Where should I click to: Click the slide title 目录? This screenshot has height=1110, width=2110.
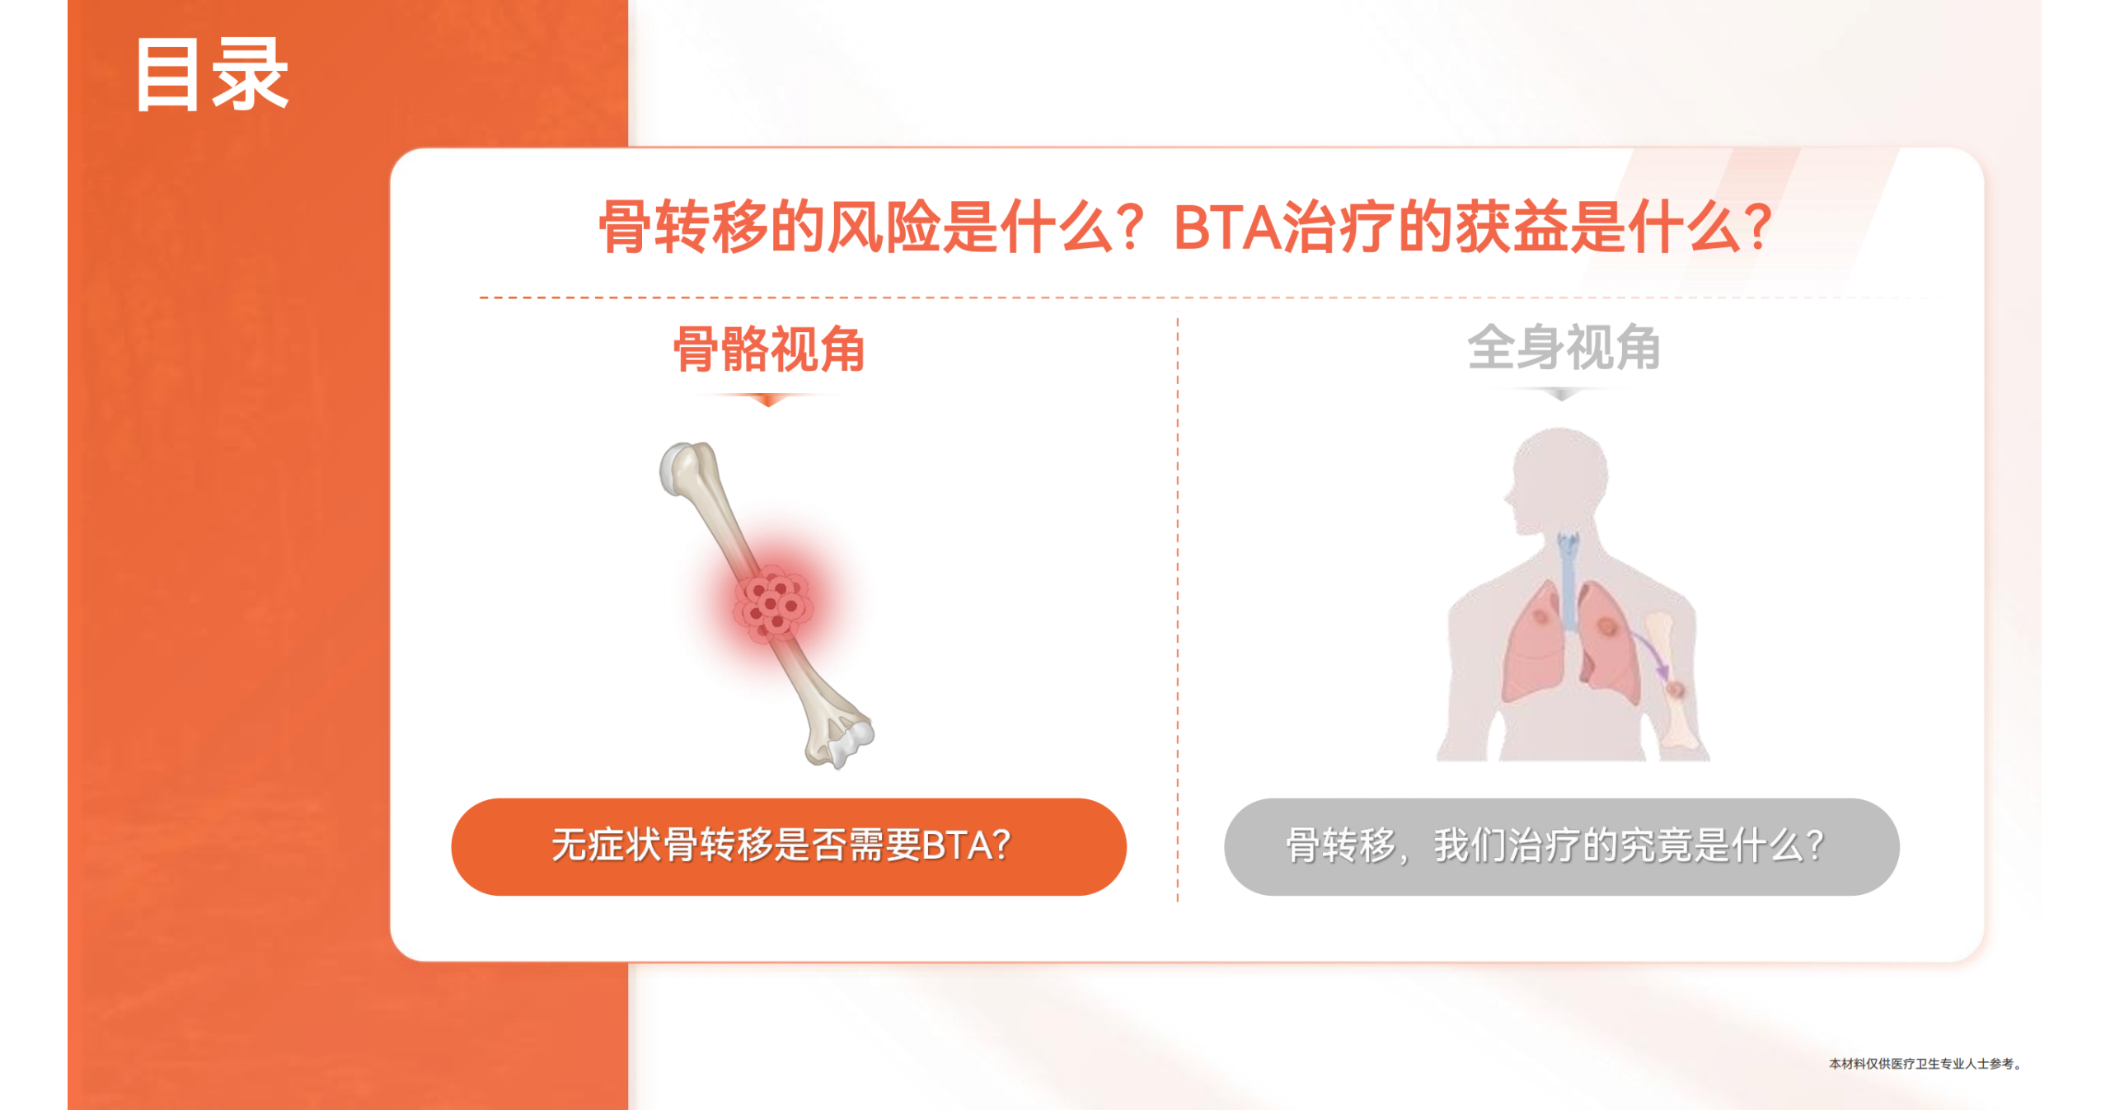tap(212, 74)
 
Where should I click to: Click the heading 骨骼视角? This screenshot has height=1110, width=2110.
tap(769, 349)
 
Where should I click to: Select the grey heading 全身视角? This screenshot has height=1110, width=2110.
tap(1564, 347)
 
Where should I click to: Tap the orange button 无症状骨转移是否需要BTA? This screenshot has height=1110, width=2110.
tap(789, 846)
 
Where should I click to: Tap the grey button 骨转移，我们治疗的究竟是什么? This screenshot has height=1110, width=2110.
tap(1562, 846)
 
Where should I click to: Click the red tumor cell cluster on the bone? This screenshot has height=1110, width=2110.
tap(772, 604)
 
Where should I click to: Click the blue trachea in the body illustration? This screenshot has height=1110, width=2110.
tap(1568, 581)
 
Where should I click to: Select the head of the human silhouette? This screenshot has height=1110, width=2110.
tap(1558, 478)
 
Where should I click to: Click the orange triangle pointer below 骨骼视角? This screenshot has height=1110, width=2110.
tap(768, 400)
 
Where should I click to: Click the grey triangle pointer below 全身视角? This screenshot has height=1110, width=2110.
tap(1562, 396)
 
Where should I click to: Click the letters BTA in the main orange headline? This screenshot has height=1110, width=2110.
tap(1227, 227)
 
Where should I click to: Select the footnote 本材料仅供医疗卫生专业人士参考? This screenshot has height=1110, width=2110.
tap(1924, 1064)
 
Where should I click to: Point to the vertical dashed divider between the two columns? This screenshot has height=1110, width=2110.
tap(1178, 610)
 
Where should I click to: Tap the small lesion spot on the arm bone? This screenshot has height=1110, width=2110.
tap(1676, 689)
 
